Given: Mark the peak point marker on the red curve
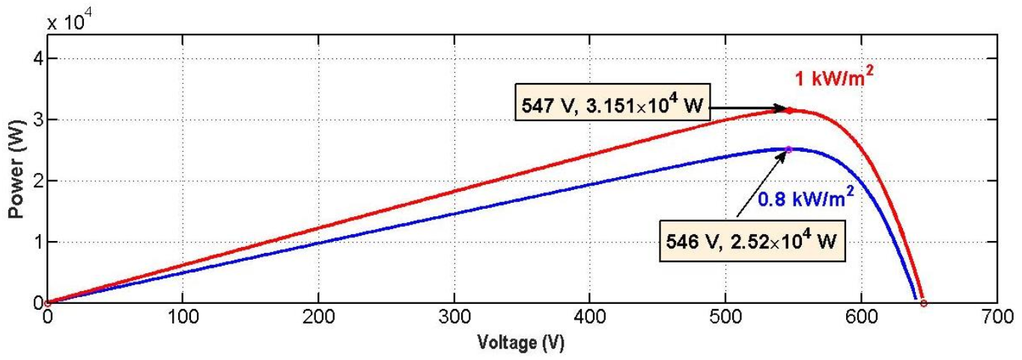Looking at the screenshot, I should [x=789, y=110].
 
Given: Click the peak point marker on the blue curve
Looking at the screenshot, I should [x=788, y=149].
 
